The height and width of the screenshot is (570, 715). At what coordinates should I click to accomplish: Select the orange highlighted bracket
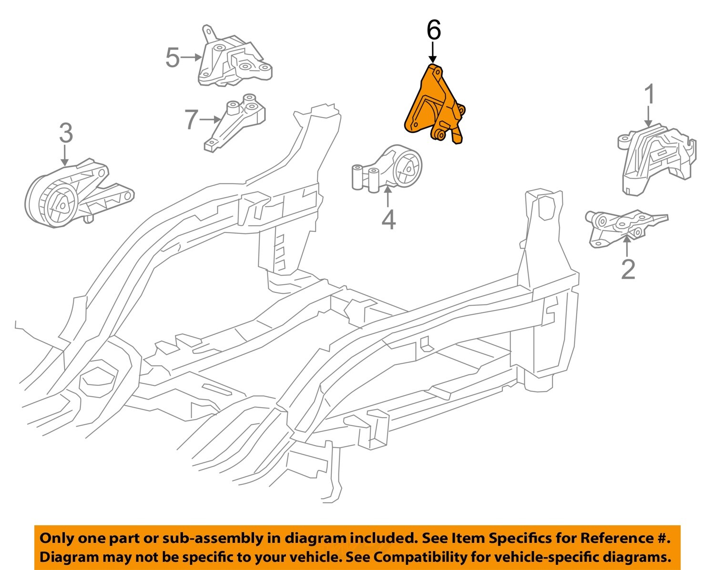coord(431,107)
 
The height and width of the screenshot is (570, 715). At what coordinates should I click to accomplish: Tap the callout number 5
coord(173,58)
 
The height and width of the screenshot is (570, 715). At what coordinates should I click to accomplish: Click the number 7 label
coord(191,119)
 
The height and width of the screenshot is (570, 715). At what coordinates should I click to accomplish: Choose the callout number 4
coord(388,220)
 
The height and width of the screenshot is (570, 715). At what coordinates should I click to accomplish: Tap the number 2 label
coord(628,269)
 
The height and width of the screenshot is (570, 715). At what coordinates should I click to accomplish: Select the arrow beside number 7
coord(210,119)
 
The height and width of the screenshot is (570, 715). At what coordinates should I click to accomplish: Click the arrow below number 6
coord(433,52)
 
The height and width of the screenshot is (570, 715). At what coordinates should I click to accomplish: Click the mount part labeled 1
coord(655,157)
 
